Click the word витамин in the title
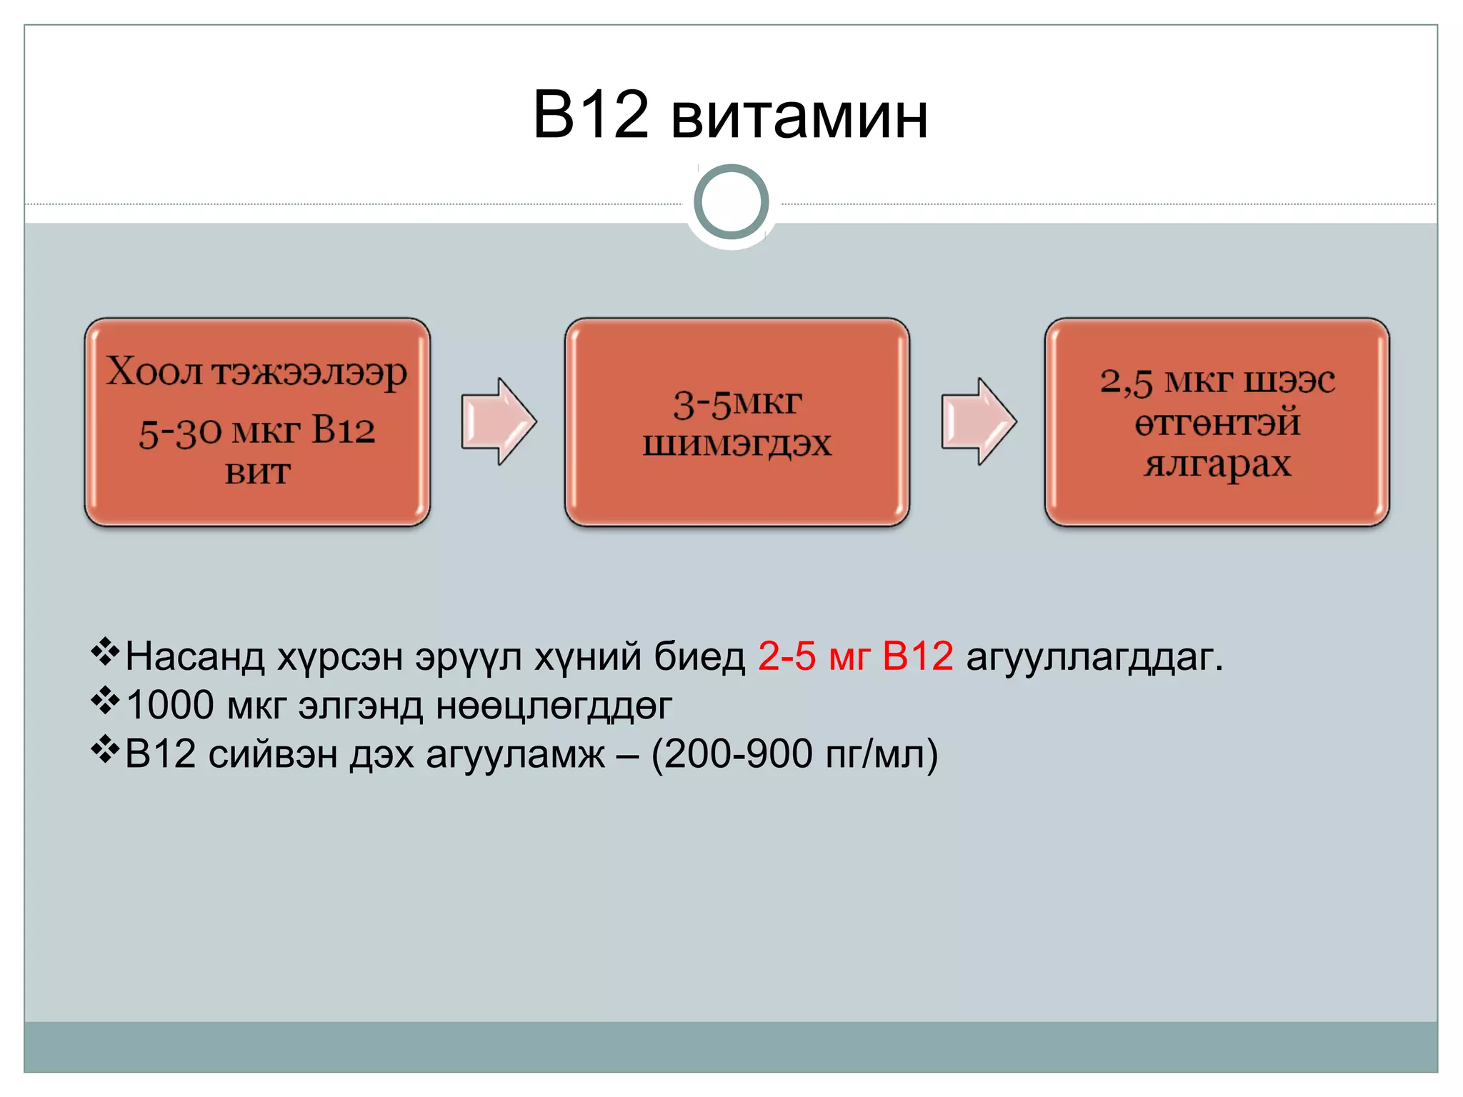[799, 116]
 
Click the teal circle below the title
[731, 202]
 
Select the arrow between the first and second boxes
[498, 422]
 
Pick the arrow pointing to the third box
[978, 422]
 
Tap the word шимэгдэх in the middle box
[737, 444]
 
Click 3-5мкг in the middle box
[737, 404]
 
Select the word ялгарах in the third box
[1217, 464]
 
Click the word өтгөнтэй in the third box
[1217, 423]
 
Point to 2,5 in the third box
[1126, 382]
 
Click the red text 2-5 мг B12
[855, 656]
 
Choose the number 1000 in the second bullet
[170, 705]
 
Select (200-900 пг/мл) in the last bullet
[794, 754]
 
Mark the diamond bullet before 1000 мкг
[105, 701]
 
